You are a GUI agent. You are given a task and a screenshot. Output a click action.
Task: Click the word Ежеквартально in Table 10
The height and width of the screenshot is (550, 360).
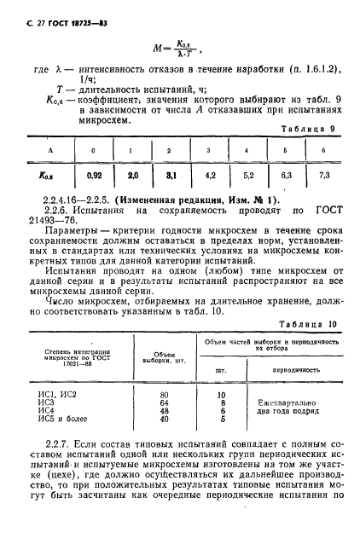pyautogui.click(x=287, y=399)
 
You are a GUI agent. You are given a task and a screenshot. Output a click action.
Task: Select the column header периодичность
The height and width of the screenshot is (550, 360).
pyautogui.click(x=288, y=371)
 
